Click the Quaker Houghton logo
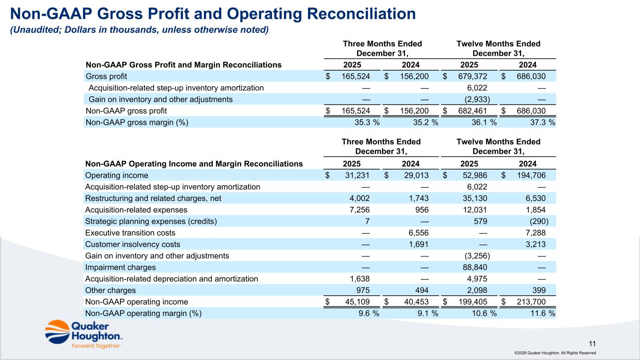[x=84, y=334]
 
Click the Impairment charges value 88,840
[x=476, y=267]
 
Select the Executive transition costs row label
[x=130, y=232]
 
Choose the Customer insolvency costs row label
[x=133, y=244]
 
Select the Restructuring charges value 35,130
[x=476, y=198]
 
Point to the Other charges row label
[x=111, y=290]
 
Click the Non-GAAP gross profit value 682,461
[x=474, y=111]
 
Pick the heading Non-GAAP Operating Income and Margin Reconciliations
[x=194, y=164]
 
